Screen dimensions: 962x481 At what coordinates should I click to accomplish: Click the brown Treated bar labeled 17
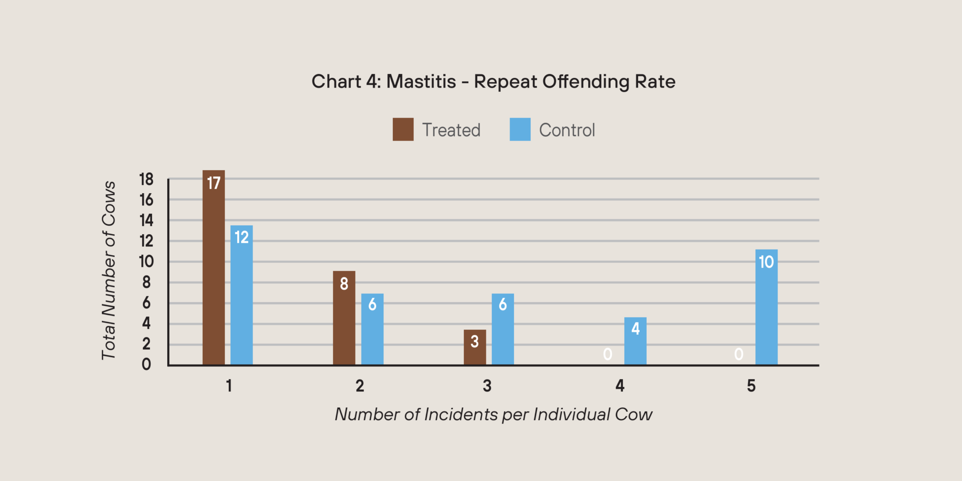[213, 267]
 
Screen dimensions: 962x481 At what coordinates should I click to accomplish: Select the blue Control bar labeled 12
[241, 295]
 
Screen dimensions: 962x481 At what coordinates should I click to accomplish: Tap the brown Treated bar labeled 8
[344, 318]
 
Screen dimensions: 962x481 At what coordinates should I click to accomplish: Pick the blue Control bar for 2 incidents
[372, 329]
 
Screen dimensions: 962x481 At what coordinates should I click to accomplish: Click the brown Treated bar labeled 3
[475, 347]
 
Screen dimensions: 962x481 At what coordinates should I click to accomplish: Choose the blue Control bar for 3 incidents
[503, 329]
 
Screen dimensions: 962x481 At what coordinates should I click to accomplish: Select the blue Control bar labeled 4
[635, 341]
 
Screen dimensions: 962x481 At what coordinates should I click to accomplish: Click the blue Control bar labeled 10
[767, 307]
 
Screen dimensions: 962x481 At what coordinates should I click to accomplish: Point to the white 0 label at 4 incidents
[608, 354]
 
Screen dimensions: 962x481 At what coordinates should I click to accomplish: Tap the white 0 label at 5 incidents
[739, 354]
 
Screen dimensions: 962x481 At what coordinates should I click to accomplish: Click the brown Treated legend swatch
[403, 129]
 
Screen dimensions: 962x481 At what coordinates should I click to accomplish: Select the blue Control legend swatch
[520, 129]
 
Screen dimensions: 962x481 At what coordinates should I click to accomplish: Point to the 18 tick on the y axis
[146, 180]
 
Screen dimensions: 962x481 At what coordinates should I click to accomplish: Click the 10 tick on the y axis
[146, 262]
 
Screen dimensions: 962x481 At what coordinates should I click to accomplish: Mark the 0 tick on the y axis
[146, 364]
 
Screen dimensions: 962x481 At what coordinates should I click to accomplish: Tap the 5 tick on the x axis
[751, 386]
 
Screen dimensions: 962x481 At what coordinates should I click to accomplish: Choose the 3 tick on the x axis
[487, 386]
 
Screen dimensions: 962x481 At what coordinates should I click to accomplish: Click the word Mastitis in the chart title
[421, 82]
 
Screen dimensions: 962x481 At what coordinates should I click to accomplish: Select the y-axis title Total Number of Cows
[109, 271]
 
